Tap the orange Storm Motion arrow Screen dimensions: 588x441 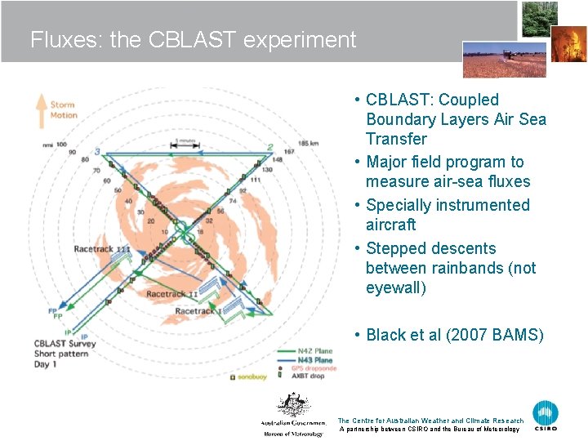(41, 110)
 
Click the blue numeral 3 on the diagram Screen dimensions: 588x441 (97, 151)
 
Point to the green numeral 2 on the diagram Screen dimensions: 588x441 (270, 148)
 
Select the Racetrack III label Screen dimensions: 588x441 (101, 249)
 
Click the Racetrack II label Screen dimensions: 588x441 (171, 293)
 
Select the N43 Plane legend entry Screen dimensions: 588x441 (311, 360)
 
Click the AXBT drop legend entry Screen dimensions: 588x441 (310, 377)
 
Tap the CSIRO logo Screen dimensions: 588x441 (546, 416)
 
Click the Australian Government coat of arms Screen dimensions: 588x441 (292, 406)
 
